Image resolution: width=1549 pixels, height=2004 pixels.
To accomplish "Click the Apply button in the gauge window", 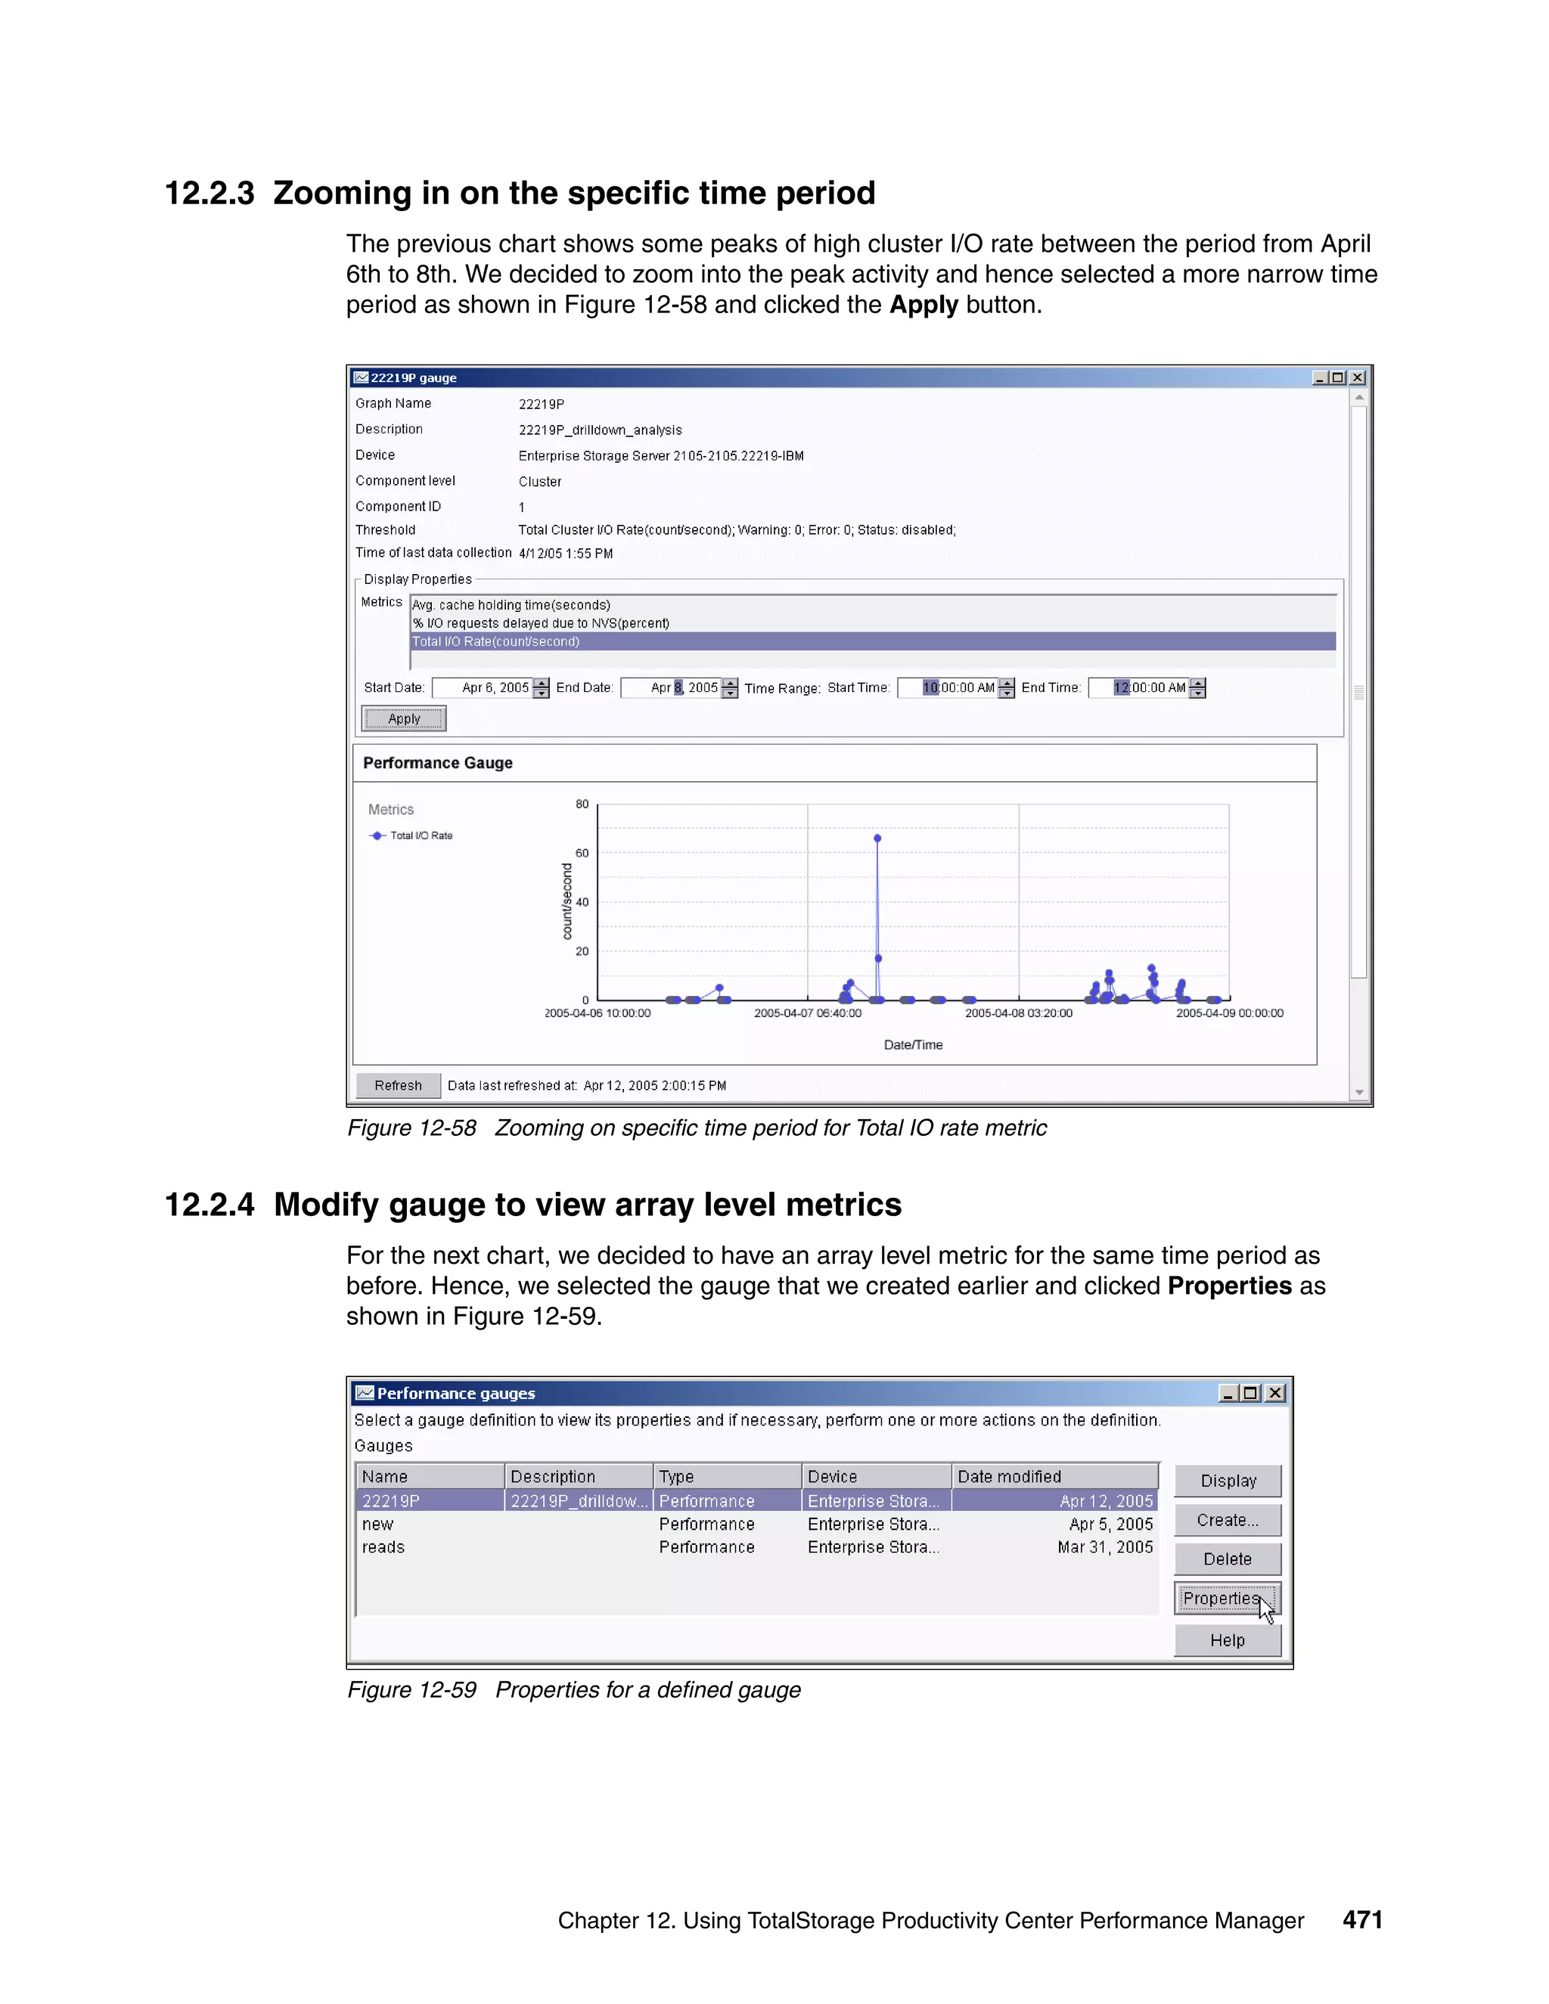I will pyautogui.click(x=404, y=718).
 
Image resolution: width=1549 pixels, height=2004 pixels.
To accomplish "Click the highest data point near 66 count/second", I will pyautogui.click(x=877, y=838).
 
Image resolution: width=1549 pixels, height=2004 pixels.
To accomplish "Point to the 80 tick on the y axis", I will pyautogui.click(x=582, y=804).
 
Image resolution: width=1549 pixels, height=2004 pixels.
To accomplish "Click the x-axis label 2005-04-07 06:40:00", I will pyautogui.click(x=808, y=1013).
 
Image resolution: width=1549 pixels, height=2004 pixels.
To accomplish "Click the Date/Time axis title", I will pyautogui.click(x=913, y=1044).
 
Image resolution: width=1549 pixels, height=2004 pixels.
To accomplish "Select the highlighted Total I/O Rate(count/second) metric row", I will pyautogui.click(x=495, y=641).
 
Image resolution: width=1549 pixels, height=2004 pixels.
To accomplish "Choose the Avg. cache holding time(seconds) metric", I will pyautogui.click(x=511, y=605).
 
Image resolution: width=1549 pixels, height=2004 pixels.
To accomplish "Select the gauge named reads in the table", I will pyautogui.click(x=383, y=1547).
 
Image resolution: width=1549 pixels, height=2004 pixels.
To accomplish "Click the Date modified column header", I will pyautogui.click(x=1010, y=1476).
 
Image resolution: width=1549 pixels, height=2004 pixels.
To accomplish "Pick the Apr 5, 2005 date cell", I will pyautogui.click(x=1110, y=1524).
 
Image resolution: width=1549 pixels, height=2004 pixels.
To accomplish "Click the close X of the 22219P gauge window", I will pyautogui.click(x=1357, y=377).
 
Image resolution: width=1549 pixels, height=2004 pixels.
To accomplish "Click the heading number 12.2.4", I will pyautogui.click(x=210, y=1205).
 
